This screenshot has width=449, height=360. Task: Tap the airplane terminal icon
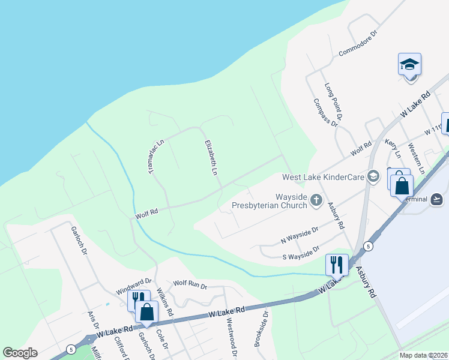coord(436,199)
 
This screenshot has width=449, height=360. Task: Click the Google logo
coord(20,353)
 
